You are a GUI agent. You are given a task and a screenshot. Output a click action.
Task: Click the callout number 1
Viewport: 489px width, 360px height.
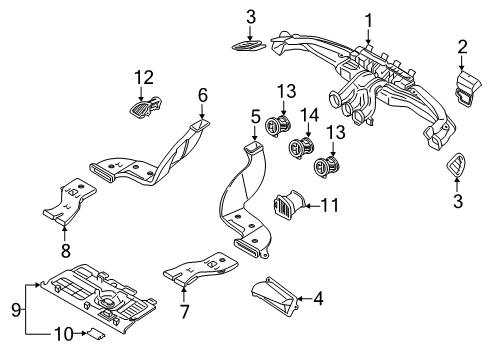click(368, 19)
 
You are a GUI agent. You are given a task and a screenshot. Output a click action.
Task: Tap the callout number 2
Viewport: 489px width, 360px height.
click(462, 45)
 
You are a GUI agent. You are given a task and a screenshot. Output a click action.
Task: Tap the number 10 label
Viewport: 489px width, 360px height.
click(62, 332)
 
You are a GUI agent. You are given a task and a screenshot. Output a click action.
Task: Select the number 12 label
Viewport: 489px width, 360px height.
click(144, 77)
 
